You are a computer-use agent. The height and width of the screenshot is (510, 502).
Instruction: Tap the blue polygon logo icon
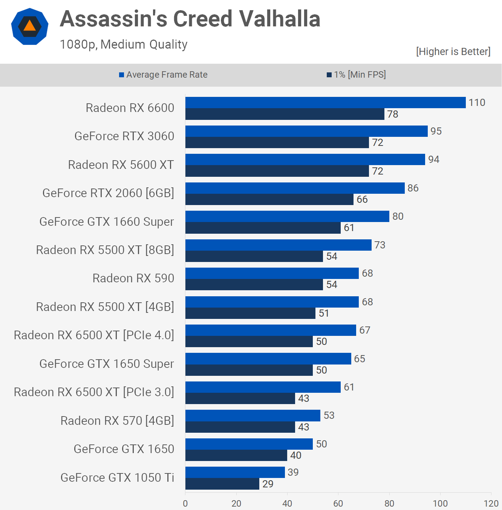pyautogui.click(x=30, y=26)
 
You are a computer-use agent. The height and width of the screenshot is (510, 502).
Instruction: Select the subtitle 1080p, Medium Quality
pyautogui.click(x=124, y=44)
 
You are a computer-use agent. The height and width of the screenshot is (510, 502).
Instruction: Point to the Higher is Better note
pyautogui.click(x=453, y=52)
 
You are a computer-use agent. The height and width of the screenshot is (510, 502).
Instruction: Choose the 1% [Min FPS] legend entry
pyautogui.click(x=356, y=75)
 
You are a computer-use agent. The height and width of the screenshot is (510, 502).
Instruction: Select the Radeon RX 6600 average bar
pyautogui.click(x=325, y=103)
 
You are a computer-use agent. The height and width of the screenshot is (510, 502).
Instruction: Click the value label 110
pyautogui.click(x=477, y=103)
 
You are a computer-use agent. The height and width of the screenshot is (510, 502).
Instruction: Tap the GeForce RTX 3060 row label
pyautogui.click(x=124, y=136)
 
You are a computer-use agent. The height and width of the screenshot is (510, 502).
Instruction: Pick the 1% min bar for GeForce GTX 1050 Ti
pyautogui.click(x=222, y=484)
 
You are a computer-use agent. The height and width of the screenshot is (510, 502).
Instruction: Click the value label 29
pyautogui.click(x=268, y=484)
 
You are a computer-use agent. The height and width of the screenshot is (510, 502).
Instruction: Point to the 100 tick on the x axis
pyautogui.click(x=440, y=504)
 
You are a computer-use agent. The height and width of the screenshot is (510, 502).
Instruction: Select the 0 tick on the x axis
pyautogui.click(x=185, y=504)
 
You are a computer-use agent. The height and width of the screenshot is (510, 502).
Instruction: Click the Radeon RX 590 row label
pyautogui.click(x=133, y=278)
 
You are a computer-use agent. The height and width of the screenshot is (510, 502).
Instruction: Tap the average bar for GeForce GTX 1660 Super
pyautogui.click(x=287, y=216)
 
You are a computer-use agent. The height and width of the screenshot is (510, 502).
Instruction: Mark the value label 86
pyautogui.click(x=413, y=188)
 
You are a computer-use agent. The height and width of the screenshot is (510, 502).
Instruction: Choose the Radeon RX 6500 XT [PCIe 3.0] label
pyautogui.click(x=94, y=392)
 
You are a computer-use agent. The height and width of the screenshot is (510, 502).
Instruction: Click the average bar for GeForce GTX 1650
pyautogui.click(x=249, y=444)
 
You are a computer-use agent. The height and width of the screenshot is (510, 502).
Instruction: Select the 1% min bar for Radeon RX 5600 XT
pyautogui.click(x=277, y=171)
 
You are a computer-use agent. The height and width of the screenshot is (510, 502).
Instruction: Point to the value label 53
pyautogui.click(x=329, y=415)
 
